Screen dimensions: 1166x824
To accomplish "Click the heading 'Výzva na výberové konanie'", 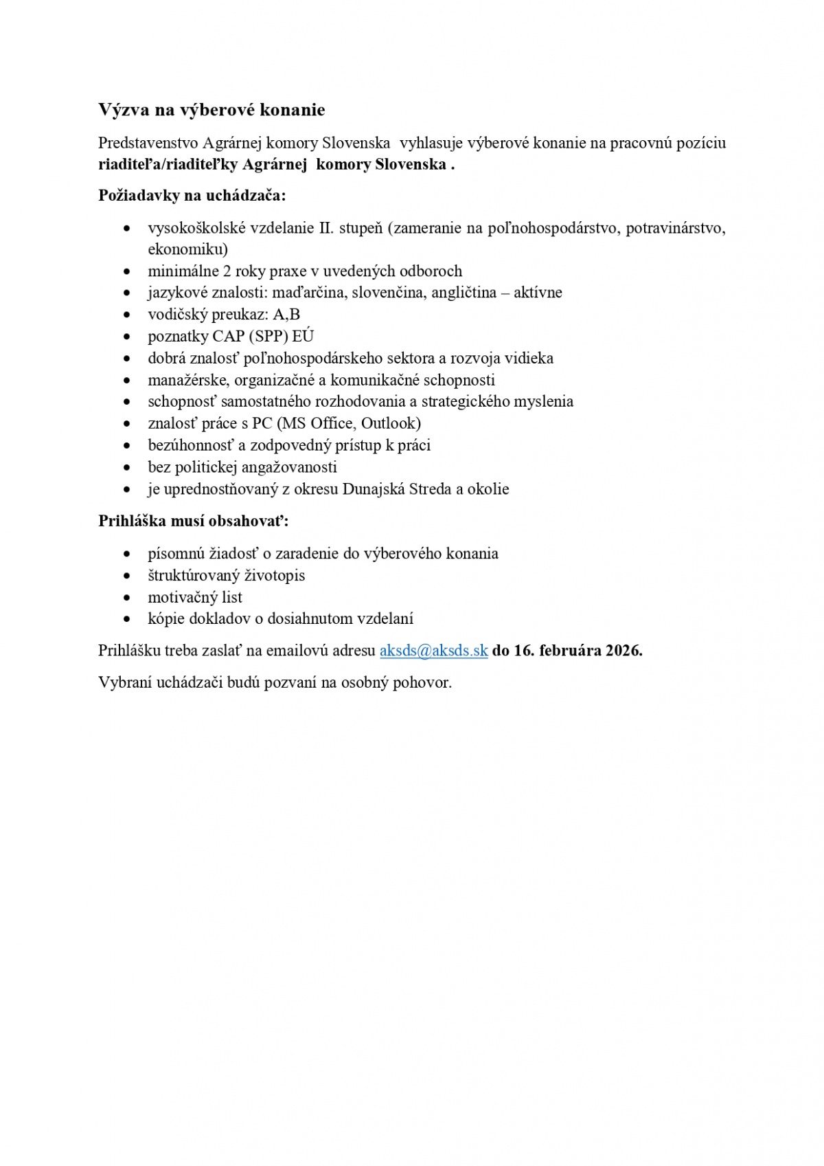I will point(211,110).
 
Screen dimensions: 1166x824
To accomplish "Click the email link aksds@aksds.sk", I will point(433,651).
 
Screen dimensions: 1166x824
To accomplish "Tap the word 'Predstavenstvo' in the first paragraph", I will point(148,143).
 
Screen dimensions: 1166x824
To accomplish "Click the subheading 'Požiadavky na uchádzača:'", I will point(192,195).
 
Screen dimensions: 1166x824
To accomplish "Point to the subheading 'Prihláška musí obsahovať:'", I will point(193,521).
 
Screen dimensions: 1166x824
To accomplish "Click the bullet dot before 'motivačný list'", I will point(127,598).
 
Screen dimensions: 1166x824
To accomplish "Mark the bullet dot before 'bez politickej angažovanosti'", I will point(127,468).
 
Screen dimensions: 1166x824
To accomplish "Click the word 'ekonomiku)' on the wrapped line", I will point(187,249).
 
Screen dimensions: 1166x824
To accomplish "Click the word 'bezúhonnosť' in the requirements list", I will point(190,445).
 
